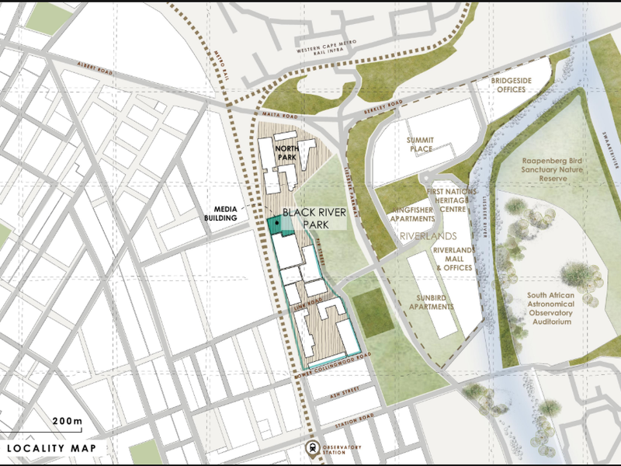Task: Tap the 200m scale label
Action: point(68,421)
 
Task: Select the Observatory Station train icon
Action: point(311,447)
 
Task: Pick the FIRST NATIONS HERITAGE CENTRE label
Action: point(449,200)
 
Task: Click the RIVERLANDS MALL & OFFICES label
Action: point(453,259)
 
